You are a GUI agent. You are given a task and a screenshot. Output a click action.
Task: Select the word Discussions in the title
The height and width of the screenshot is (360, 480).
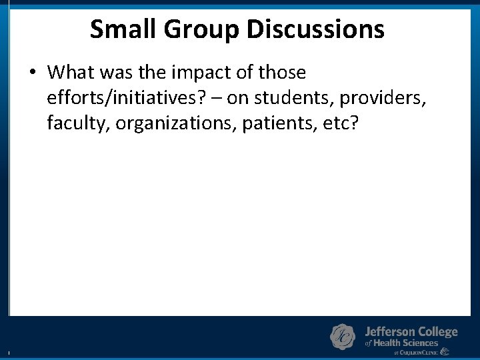315,29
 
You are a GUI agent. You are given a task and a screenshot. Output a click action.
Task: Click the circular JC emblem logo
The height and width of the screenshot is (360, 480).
343,337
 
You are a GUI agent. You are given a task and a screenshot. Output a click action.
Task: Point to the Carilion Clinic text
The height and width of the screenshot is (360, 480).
420,352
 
